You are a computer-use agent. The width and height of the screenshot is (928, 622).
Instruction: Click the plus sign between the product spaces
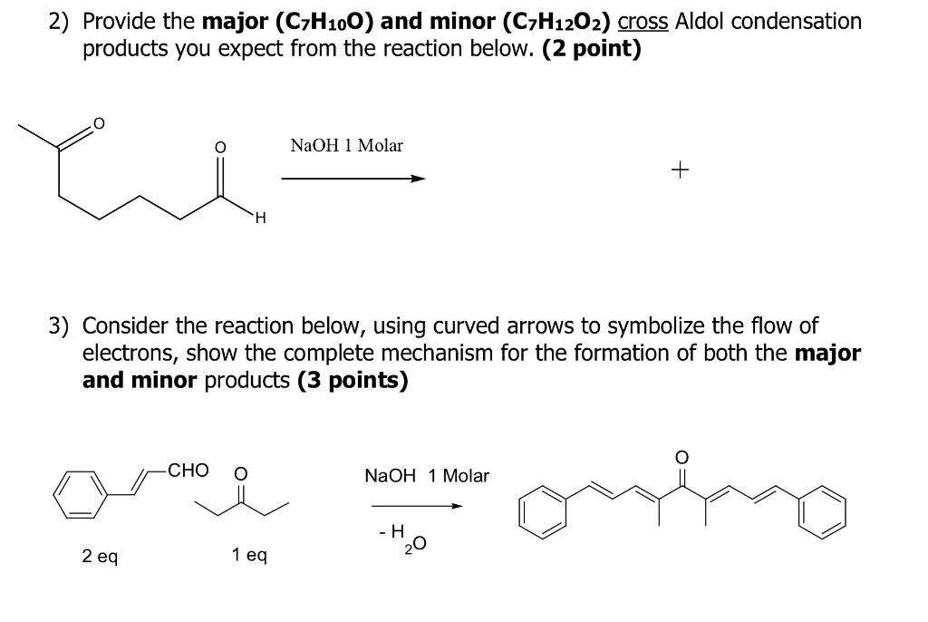tap(680, 170)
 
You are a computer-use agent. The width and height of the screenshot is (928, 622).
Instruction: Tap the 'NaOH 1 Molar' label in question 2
tap(346, 145)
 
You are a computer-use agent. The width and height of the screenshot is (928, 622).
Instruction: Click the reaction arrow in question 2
tap(353, 179)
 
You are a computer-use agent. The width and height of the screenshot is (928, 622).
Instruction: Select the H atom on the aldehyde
tap(260, 219)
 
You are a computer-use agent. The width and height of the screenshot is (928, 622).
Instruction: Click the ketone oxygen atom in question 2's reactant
tap(99, 123)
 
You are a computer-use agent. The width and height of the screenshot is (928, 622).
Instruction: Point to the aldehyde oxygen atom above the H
tap(219, 147)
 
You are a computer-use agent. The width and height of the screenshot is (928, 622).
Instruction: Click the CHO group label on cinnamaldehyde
tap(188, 471)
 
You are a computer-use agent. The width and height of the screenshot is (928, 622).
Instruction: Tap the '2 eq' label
tap(100, 556)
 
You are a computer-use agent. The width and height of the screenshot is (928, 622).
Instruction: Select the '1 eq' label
tap(249, 555)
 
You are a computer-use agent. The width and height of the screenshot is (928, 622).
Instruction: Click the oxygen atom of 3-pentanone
tap(240, 474)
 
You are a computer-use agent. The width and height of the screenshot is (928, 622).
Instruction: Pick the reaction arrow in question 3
tap(417, 506)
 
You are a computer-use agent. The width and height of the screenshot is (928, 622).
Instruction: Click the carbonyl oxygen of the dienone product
tap(681, 457)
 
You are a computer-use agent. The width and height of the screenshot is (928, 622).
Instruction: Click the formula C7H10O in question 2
tap(324, 22)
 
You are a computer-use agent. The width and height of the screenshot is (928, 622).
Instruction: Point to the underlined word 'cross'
tap(643, 22)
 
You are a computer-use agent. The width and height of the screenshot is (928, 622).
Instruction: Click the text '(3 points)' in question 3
tap(353, 380)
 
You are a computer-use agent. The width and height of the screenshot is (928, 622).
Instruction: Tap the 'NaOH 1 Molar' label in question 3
tap(427, 476)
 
